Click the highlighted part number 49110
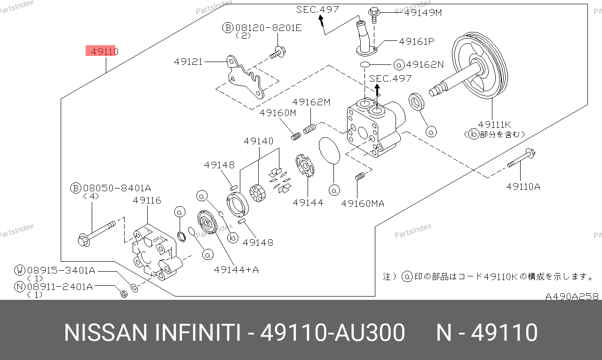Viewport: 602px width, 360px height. tap(101, 51)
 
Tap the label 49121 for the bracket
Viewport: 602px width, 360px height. tap(188, 62)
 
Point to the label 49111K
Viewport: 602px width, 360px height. tap(494, 125)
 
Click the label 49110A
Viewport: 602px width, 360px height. tap(523, 187)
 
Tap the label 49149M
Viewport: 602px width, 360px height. tap(423, 13)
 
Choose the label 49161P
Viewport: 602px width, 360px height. tap(416, 41)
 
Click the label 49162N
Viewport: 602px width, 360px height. tap(425, 64)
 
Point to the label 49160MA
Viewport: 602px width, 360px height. tap(363, 203)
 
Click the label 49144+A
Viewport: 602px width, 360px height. tap(236, 270)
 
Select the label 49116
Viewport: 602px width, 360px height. tap(147, 201)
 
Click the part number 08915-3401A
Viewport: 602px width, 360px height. tap(61, 270)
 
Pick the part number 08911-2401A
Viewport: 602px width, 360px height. tap(60, 286)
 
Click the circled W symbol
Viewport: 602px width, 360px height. tap(20, 270)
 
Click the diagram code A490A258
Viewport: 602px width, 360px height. tap(572, 297)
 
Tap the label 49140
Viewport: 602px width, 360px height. tap(258, 141)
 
